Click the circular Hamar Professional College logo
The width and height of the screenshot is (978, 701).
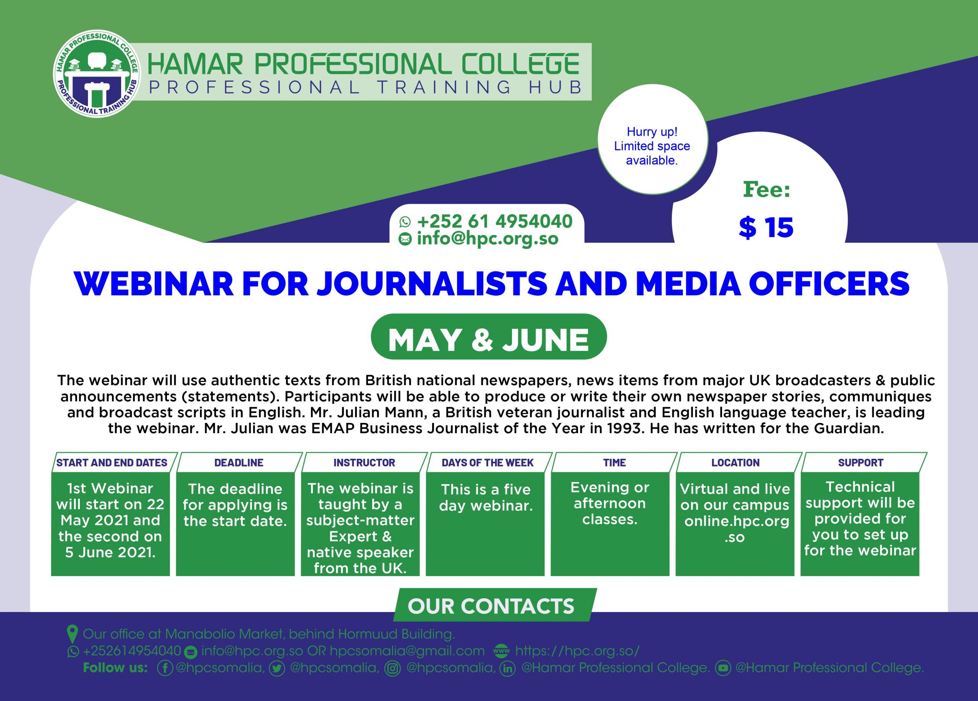[x=96, y=74]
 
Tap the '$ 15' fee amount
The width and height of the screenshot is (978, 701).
[x=766, y=227]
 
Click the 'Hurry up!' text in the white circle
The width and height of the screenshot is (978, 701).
[x=652, y=131]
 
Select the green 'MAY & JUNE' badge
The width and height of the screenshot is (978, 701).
[x=489, y=337]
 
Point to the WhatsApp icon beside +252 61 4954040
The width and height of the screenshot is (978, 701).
[x=405, y=222]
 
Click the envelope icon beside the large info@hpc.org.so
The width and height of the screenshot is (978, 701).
[x=405, y=239]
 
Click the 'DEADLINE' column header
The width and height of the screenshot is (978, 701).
[x=239, y=463]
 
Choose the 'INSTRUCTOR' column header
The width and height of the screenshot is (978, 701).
[x=364, y=463]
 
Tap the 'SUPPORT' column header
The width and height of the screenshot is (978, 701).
[x=861, y=463]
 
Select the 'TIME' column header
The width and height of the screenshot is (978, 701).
[x=614, y=463]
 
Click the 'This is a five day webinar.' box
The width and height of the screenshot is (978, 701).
[x=485, y=524]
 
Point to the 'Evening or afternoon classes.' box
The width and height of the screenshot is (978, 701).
[x=610, y=524]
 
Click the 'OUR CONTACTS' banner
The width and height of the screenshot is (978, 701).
[x=495, y=605]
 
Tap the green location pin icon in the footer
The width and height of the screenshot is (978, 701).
[x=73, y=634]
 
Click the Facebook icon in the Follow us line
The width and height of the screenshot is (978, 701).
[x=165, y=668]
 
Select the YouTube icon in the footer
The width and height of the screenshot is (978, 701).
[x=723, y=668]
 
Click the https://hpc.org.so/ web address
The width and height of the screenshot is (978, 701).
[x=577, y=651]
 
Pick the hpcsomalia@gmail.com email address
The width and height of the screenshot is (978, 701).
[x=407, y=651]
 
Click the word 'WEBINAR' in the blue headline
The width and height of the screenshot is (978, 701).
[x=154, y=284]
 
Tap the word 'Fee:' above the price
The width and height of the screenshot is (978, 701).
[x=767, y=190]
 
